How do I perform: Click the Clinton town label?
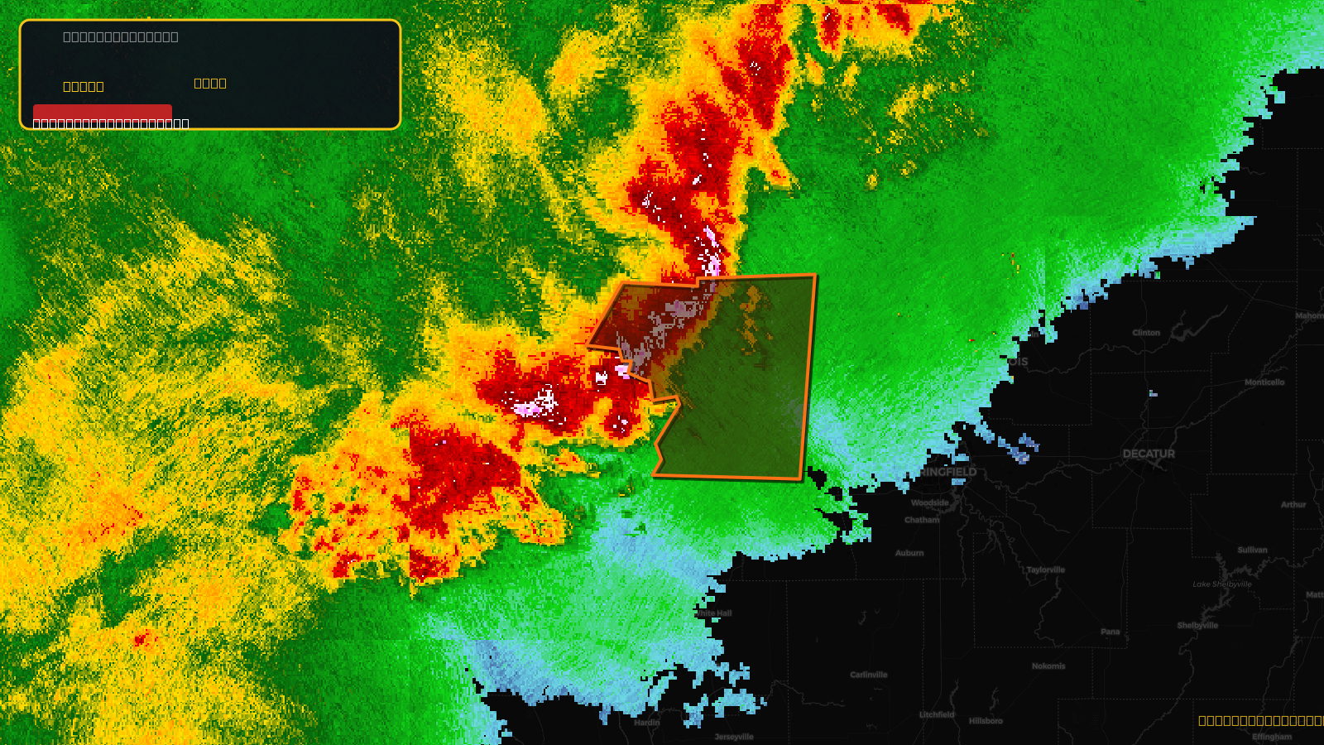(x=1146, y=333)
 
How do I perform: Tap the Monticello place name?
(x=1264, y=382)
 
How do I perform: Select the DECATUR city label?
(x=1149, y=454)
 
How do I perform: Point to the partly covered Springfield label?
(x=950, y=472)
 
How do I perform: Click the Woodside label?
(x=930, y=502)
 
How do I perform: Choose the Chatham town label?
(x=922, y=520)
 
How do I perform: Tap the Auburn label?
(x=909, y=553)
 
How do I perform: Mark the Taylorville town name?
(x=1046, y=570)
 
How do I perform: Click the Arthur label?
(x=1293, y=505)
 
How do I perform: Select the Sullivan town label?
(x=1252, y=550)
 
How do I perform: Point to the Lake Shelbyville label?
(x=1222, y=584)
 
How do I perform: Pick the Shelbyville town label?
(x=1197, y=626)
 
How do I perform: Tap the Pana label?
(x=1111, y=632)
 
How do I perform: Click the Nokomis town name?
(x=1048, y=666)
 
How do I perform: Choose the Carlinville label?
(x=869, y=675)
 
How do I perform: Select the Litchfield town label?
(x=937, y=714)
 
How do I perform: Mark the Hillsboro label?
(x=986, y=721)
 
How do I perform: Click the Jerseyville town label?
(x=734, y=737)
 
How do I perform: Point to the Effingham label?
(x=1272, y=737)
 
